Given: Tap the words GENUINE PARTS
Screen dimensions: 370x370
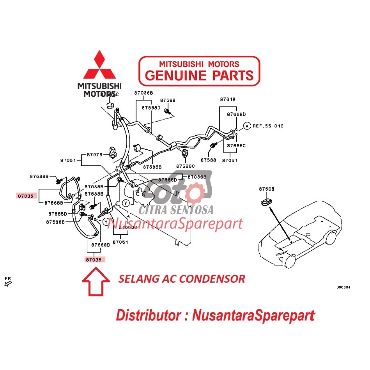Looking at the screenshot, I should click(199, 75).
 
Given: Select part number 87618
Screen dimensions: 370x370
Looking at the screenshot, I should click(228, 99).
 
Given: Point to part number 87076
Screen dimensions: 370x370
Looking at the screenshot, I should click(94, 155).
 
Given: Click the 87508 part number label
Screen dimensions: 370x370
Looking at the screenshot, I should click(267, 189).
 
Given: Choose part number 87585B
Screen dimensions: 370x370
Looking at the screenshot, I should click(152, 167).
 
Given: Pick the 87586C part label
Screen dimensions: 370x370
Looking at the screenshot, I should click(185, 166).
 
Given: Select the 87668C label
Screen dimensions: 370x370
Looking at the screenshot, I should click(237, 145).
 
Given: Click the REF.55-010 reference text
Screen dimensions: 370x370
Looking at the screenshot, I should click(268, 126).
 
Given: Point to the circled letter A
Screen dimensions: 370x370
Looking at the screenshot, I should click(247, 126).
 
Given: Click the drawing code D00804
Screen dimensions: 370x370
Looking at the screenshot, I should click(343, 287).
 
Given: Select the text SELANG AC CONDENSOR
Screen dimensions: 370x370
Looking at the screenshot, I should click(182, 279).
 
